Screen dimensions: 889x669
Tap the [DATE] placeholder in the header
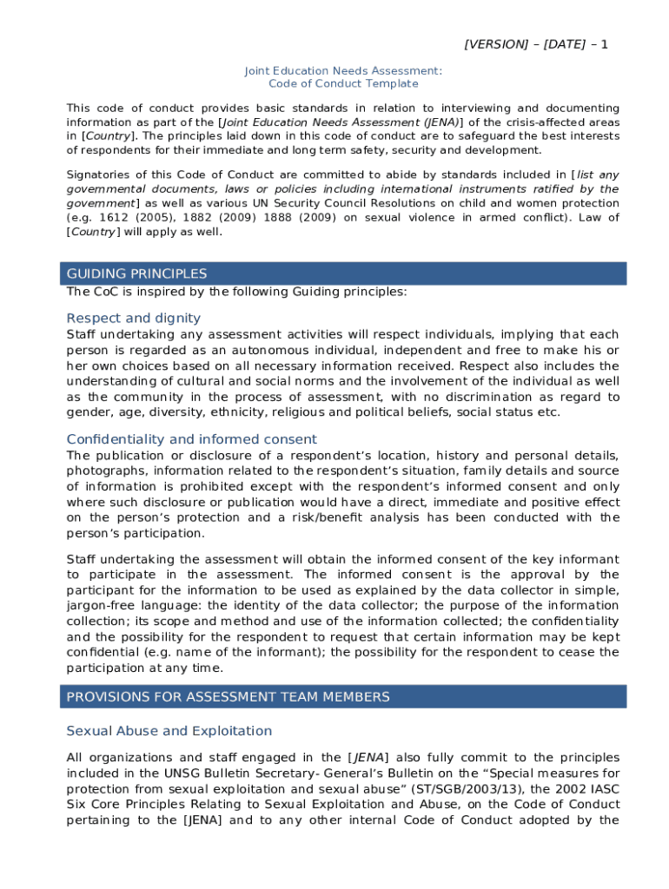(564, 44)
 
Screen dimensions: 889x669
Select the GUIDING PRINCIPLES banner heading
(136, 274)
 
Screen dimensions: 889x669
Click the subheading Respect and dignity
(134, 318)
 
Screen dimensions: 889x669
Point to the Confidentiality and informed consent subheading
(192, 439)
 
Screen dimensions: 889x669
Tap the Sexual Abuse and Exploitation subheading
(169, 731)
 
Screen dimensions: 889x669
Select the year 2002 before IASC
(573, 789)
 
